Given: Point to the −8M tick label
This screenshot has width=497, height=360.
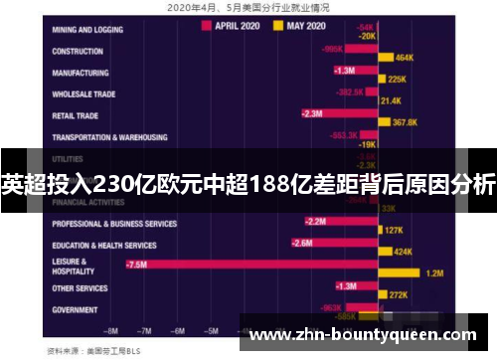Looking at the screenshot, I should tap(112, 331).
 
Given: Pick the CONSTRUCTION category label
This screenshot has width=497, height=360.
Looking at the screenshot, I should tap(80, 51).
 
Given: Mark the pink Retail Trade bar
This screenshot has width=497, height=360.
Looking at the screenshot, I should tap(340, 113).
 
